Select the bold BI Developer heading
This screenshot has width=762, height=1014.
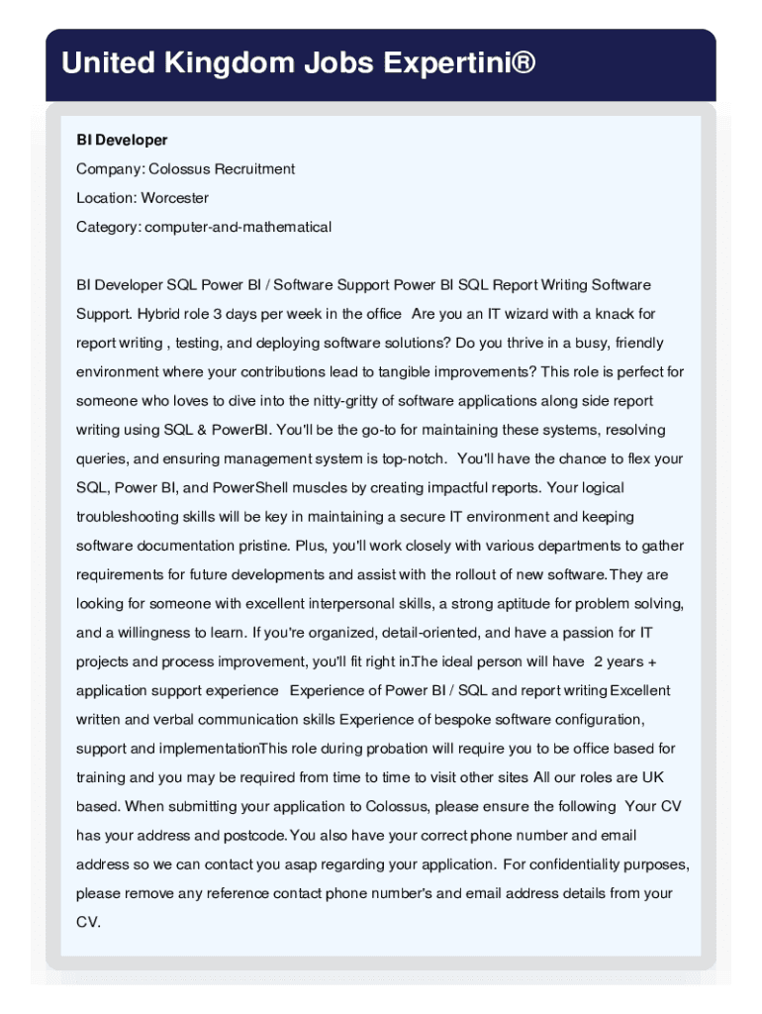tap(122, 141)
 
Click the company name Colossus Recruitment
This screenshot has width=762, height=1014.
tap(222, 169)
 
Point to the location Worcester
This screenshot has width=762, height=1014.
tap(174, 198)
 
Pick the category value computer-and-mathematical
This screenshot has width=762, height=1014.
tap(238, 227)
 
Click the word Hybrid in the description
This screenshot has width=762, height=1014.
tap(159, 314)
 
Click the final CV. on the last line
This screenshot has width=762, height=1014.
tap(89, 922)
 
